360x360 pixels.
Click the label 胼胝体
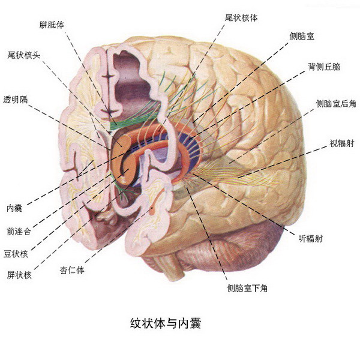52,25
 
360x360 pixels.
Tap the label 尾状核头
24,55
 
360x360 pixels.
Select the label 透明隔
16,100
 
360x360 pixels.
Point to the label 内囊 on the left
14,208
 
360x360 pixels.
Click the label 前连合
19,232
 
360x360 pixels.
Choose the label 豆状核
16,254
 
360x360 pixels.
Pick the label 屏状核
19,275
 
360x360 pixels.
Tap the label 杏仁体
72,270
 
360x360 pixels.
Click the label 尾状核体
241,17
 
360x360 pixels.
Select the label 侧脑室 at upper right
302,36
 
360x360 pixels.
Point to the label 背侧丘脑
324,67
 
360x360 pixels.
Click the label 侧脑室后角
336,104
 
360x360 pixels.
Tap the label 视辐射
342,143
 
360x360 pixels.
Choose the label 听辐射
311,239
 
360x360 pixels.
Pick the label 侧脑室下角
247,288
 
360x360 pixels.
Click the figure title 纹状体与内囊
166,323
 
